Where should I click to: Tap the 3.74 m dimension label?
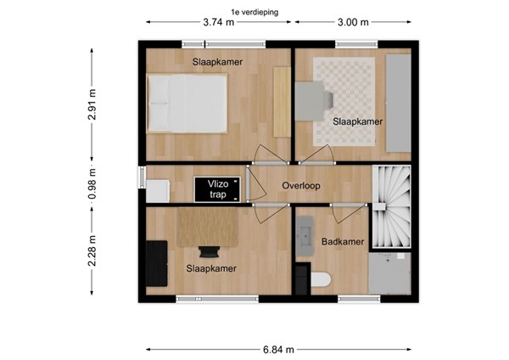coord(219,23)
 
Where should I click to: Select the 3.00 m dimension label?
coord(353,23)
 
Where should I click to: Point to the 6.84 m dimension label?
coord(277,349)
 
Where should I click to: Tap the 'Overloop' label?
coord(301,185)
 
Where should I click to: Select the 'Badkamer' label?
coord(343,242)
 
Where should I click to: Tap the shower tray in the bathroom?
coord(389,273)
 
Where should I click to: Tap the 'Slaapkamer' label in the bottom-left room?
coord(210,269)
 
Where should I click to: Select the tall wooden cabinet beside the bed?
coord(281,100)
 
